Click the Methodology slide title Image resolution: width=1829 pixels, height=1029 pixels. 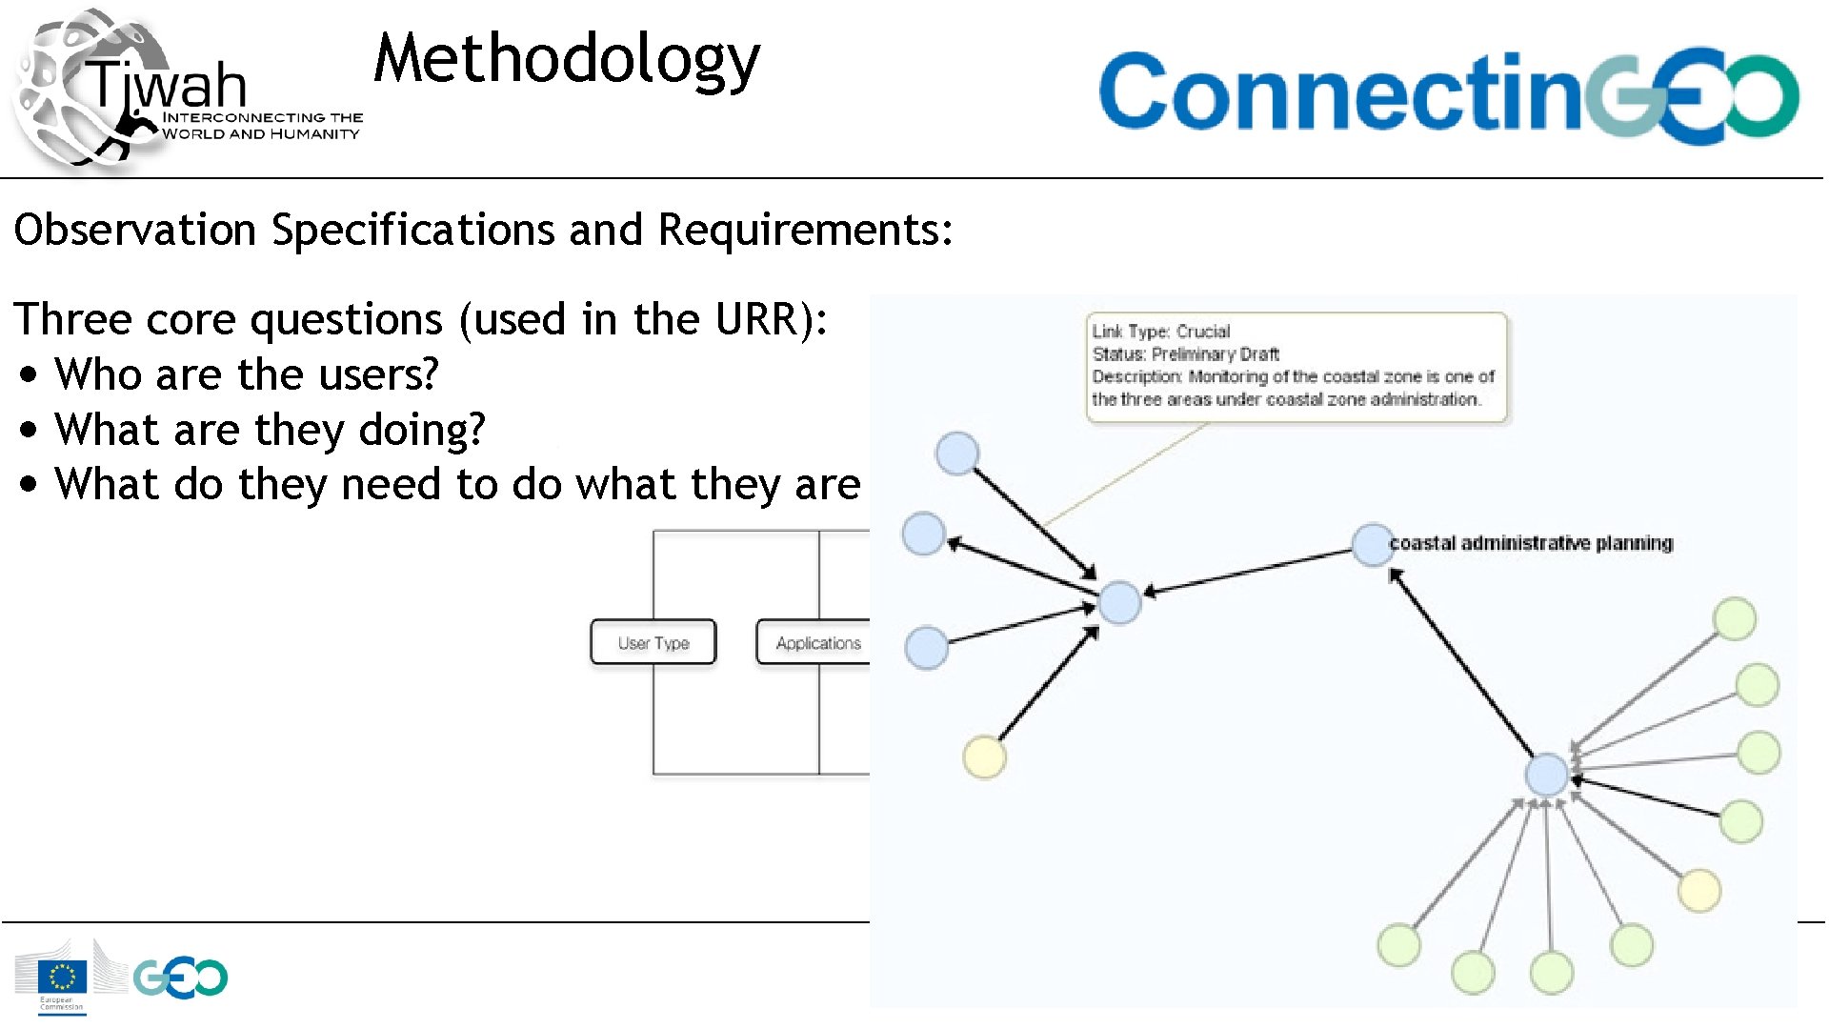pyautogui.click(x=567, y=59)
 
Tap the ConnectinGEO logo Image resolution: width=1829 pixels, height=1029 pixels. pyautogui.click(x=1448, y=93)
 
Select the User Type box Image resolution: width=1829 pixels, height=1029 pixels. pyautogui.click(x=653, y=642)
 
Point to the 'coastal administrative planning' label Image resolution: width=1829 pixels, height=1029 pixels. pyautogui.click(x=1531, y=543)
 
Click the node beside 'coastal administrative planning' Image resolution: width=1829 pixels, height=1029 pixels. pyautogui.click(x=1373, y=544)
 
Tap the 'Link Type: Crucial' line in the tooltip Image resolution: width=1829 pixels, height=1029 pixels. pyautogui.click(x=1161, y=332)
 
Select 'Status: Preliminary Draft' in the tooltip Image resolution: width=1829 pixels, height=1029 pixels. pyautogui.click(x=1186, y=354)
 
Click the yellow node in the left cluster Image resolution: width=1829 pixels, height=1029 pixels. pyautogui.click(x=984, y=757)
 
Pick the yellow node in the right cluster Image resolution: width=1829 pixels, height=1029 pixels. pyautogui.click(x=1699, y=891)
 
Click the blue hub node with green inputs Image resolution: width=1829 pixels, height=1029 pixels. pyautogui.click(x=1546, y=774)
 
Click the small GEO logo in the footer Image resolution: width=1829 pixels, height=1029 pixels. pyautogui.click(x=181, y=978)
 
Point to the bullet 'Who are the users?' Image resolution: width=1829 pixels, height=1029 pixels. pyautogui.click(x=246, y=374)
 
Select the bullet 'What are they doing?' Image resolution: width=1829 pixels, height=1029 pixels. pyautogui.click(x=270, y=430)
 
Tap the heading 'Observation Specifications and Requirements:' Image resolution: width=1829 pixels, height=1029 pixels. pyautogui.click(x=483, y=231)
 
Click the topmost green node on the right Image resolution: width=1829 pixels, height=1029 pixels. pyautogui.click(x=1734, y=619)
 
